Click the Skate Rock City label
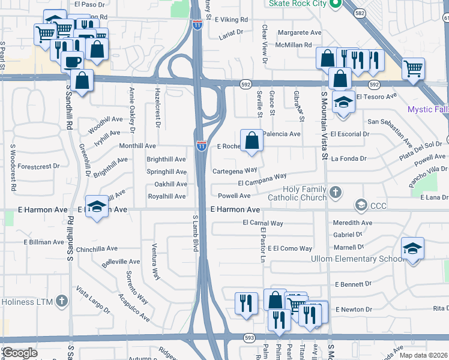coord(297,4)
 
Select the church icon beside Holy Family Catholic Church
coord(336,193)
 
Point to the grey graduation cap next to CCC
coord(361,206)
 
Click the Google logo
coord(20,353)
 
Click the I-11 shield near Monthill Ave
coord(201,145)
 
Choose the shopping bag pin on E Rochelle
coord(252,140)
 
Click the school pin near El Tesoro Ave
coord(343,102)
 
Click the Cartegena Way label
coord(235,171)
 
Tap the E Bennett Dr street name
coord(354,284)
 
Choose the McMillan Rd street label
coord(294,44)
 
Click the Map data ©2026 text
coord(423,355)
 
